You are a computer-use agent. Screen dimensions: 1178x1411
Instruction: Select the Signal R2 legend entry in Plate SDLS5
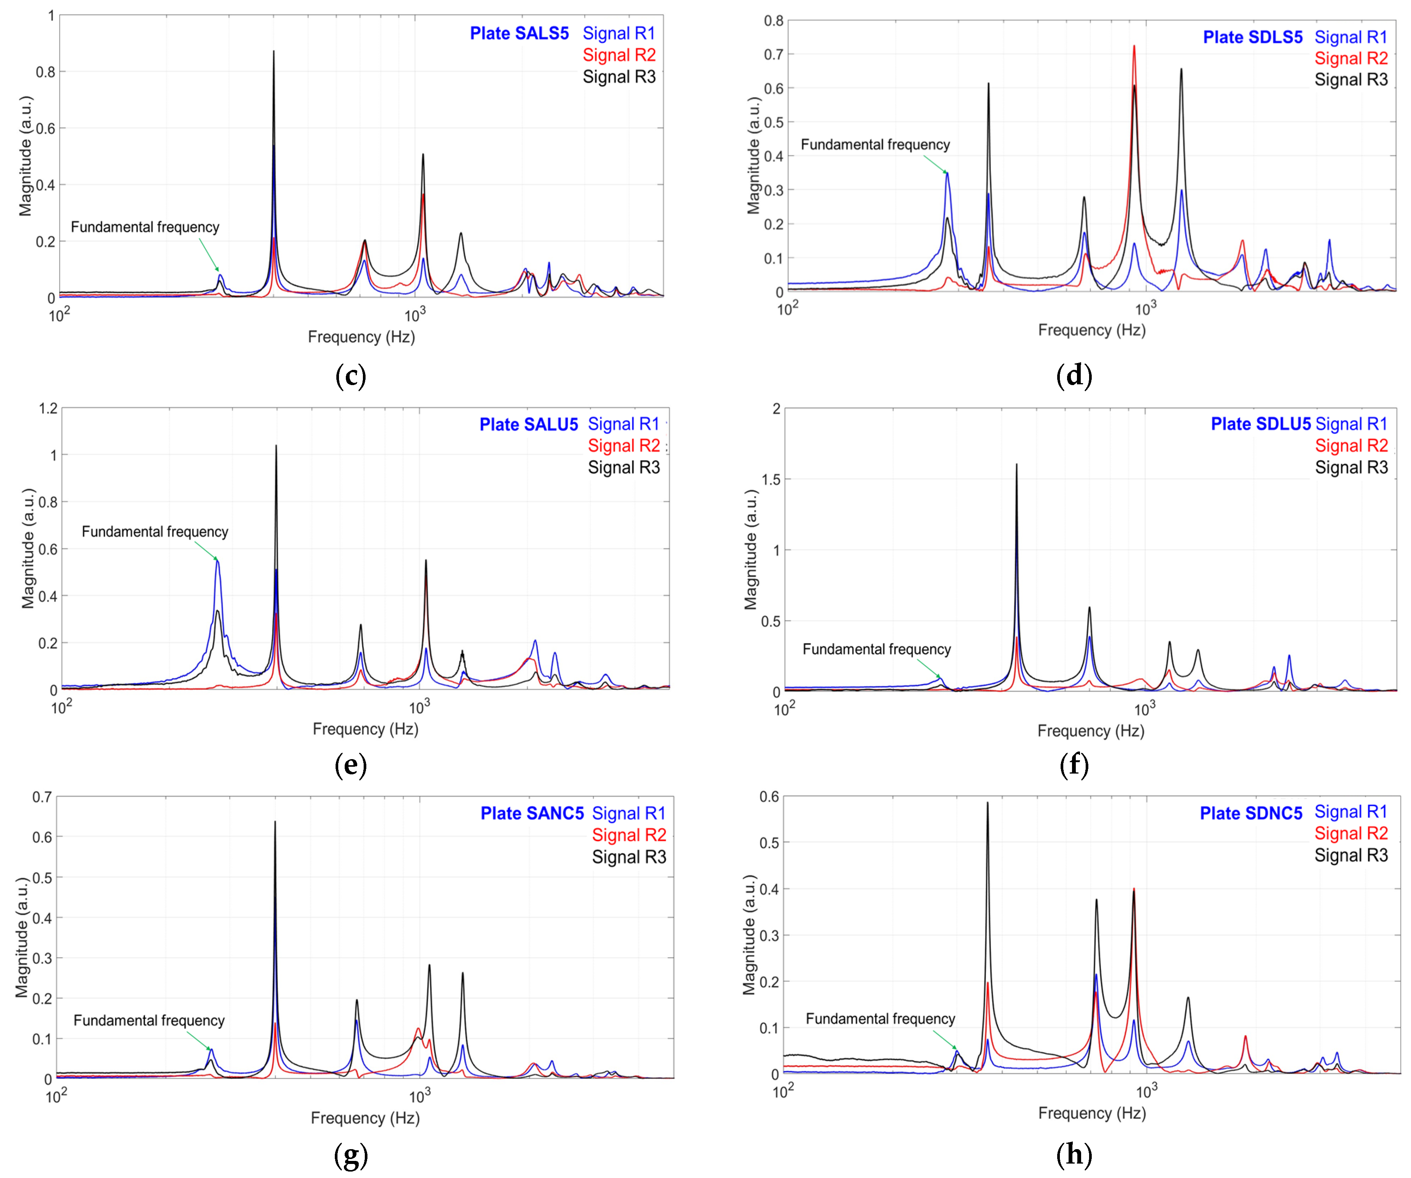(1351, 58)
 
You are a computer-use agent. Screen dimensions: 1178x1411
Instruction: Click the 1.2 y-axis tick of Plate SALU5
(48, 409)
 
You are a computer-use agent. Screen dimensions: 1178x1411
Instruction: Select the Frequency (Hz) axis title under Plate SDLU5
(1091, 730)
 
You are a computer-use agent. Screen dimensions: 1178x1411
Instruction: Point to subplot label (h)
(1074, 1154)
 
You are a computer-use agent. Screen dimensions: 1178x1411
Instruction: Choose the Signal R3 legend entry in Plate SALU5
(624, 468)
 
